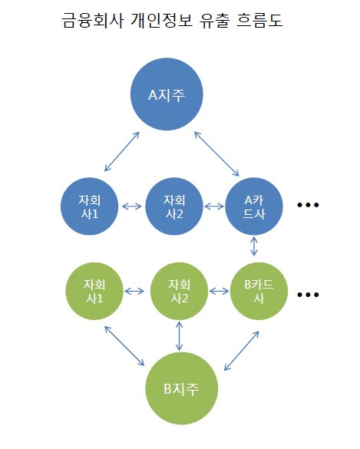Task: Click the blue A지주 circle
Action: pos(167,94)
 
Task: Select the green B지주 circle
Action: pos(182,388)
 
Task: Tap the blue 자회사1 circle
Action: pos(89,206)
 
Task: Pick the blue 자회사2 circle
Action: pos(174,206)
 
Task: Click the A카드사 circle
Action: pos(254,206)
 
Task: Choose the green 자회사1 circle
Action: pos(94,291)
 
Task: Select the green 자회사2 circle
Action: pos(179,291)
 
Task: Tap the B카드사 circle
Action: pos(259,291)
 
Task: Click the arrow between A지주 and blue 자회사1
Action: pos(122,151)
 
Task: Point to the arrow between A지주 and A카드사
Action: pos(216,154)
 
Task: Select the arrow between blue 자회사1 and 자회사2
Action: pos(132,206)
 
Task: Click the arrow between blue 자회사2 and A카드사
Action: pos(214,206)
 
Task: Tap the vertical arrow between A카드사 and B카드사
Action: pos(254,246)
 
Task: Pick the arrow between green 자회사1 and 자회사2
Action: pos(134,291)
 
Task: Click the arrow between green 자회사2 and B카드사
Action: pos(219,291)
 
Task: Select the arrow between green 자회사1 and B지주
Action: pos(124,346)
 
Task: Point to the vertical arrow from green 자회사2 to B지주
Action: pos(180,336)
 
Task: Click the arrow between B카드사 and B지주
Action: pos(242,351)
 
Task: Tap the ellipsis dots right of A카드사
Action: pos(308,205)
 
